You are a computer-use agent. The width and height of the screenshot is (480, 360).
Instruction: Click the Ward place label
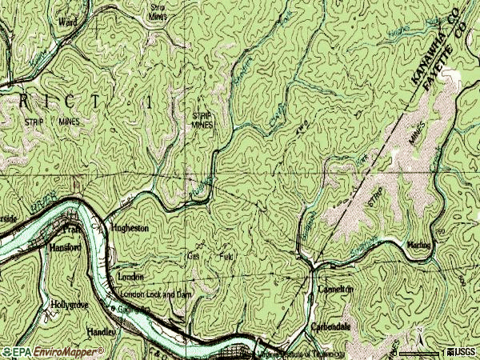coord(69,24)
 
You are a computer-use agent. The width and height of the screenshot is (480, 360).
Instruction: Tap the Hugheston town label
coord(130,228)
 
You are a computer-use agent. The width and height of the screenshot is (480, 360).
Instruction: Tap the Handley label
coord(101,330)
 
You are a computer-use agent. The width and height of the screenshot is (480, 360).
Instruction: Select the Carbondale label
coord(331,328)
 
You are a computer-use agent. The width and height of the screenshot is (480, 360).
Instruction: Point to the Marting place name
coord(419,245)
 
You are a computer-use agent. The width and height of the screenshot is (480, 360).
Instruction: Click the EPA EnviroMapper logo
coord(53,351)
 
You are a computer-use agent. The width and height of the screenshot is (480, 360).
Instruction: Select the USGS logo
coord(464,351)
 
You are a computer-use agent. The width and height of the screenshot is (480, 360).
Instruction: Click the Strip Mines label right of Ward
coord(157,11)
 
